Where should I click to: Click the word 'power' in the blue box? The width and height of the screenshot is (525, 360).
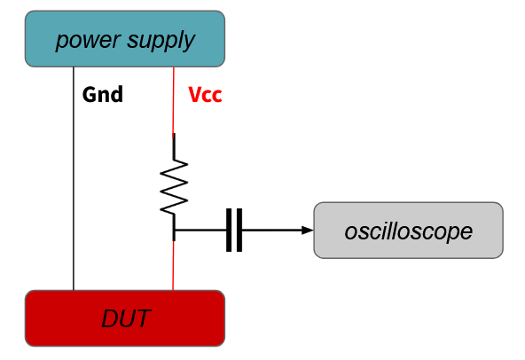coord(88,40)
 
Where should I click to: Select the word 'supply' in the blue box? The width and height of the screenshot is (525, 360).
coord(161,40)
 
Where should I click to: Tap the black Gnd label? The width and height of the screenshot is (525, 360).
coord(103,95)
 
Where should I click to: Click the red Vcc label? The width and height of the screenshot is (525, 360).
coord(205,95)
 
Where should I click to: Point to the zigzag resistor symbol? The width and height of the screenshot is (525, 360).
coord(174,187)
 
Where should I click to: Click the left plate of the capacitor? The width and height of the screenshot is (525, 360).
coord(229,230)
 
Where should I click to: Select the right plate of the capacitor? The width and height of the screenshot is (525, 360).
coord(239,230)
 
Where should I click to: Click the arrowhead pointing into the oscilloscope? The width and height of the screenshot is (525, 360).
coord(308,230)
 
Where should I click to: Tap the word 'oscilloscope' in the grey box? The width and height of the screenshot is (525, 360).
coord(409,231)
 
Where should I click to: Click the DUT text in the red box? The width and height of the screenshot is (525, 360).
coord(126,318)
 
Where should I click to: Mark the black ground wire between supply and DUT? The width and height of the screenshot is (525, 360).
coord(74,178)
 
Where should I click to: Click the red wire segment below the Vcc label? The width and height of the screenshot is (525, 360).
coord(174,100)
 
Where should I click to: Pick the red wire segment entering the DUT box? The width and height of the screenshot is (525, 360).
coord(173,265)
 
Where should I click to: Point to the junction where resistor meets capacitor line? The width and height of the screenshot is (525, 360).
coord(174,230)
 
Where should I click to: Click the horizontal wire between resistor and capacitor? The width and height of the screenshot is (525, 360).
coord(200,230)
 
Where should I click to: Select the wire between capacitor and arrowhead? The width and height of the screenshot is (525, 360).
coord(272,230)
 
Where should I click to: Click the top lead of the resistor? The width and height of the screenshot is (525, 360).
coord(174,146)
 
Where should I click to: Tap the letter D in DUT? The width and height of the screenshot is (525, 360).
coord(109,318)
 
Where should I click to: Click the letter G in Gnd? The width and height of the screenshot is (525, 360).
coord(89,95)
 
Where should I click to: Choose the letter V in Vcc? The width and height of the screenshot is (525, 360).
coord(195,95)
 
